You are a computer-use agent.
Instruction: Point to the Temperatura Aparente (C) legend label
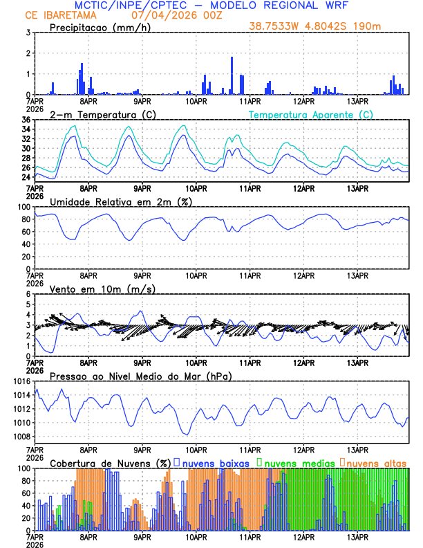[x=311, y=114]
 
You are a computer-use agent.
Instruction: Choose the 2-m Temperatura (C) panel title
[x=97, y=114]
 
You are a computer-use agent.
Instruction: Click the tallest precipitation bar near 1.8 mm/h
[x=232, y=75]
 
